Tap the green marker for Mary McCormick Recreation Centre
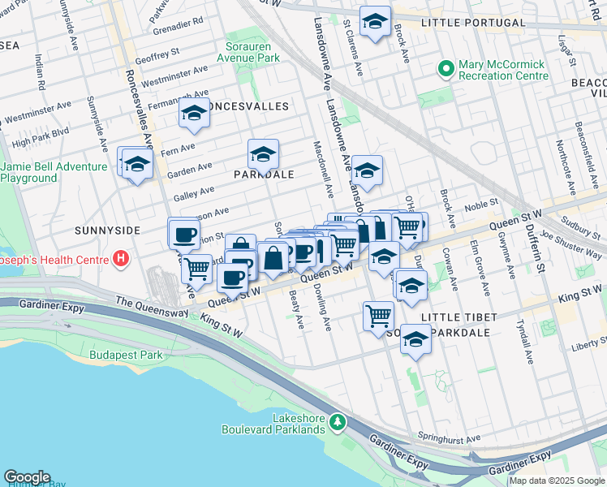point(445,70)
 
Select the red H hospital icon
point(121,260)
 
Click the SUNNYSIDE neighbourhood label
point(108,231)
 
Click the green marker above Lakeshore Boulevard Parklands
point(342,423)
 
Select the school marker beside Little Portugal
point(375,23)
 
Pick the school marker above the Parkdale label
point(263,153)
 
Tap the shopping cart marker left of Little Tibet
point(378,315)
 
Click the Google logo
point(27,477)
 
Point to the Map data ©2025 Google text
point(557,481)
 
